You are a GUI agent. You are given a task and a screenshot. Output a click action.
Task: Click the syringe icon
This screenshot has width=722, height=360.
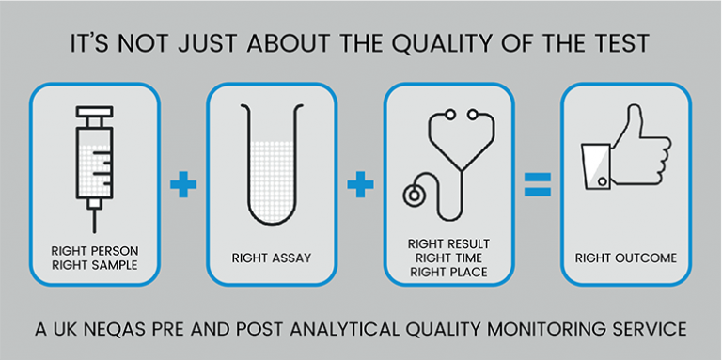[x=95, y=160]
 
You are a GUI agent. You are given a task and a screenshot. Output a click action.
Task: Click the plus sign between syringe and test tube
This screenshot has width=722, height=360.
[x=184, y=183]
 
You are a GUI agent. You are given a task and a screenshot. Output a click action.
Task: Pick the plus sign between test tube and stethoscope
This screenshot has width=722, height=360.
[x=359, y=183]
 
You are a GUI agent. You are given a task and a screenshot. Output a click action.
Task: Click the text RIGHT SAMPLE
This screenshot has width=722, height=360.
[x=95, y=264]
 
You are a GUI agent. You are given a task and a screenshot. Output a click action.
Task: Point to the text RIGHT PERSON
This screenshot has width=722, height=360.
[x=95, y=250]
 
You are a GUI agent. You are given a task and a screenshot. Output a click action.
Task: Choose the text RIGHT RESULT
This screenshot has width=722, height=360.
[x=448, y=243]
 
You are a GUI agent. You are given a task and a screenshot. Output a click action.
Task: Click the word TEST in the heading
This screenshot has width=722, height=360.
[x=621, y=44]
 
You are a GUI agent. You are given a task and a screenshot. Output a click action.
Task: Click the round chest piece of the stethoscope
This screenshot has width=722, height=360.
[x=413, y=196]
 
